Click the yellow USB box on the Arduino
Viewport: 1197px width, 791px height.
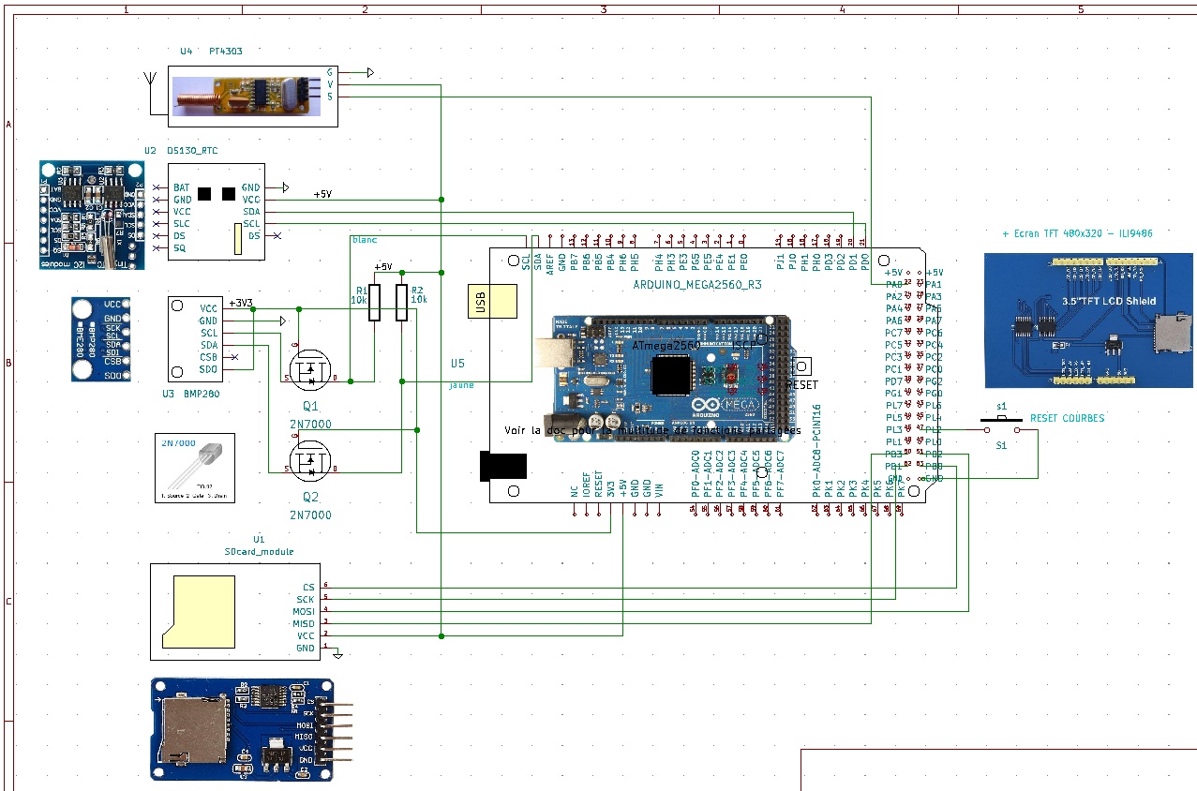492,304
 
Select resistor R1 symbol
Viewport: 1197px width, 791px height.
375,303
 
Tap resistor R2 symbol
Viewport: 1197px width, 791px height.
402,303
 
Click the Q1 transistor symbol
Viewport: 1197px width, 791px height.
310,371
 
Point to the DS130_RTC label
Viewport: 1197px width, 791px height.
192,150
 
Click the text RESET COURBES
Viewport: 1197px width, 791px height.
1067,418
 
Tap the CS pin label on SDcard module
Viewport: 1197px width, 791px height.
308,588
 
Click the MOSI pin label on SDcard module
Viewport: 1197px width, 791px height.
304,612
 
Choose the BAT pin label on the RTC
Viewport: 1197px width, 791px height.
181,187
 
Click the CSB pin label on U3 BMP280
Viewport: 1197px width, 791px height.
208,357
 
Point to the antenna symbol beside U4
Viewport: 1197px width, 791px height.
150,85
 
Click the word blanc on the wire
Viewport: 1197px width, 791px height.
364,240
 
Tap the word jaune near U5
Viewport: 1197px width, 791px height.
461,385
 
